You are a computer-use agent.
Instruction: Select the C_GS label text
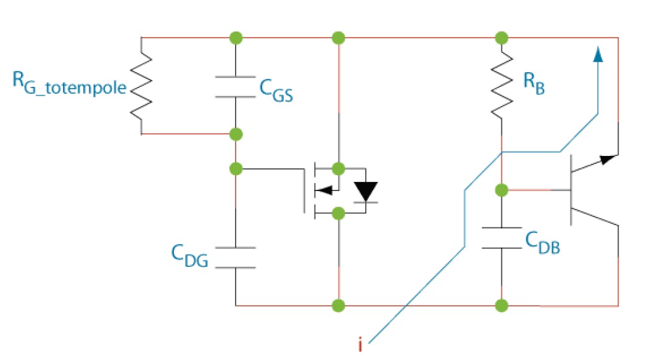275,93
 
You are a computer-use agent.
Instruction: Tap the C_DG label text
189,256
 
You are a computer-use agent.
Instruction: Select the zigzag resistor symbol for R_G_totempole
142,86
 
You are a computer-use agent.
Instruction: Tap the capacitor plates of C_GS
235,86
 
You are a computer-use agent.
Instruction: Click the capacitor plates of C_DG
235,258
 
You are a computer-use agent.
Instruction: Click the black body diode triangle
366,190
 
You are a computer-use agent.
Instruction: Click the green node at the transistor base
502,189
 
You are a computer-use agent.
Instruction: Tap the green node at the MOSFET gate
235,168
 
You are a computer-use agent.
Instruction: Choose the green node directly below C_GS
235,134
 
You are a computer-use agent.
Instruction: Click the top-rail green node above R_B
502,38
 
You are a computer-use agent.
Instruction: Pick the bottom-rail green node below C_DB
502,305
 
